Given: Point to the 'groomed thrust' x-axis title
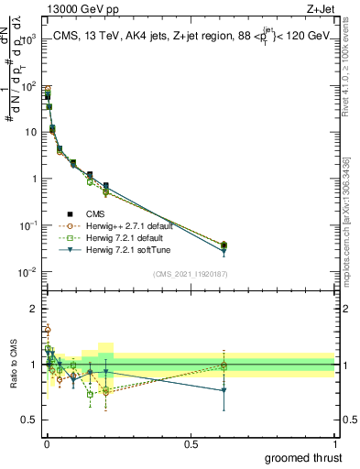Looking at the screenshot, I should click(302, 457).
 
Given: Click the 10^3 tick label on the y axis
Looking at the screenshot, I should click(28, 38).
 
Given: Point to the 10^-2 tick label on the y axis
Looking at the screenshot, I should click(28, 272).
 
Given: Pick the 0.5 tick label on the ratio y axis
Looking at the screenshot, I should click(29, 420).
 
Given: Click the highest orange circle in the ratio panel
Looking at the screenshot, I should click(47, 330).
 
